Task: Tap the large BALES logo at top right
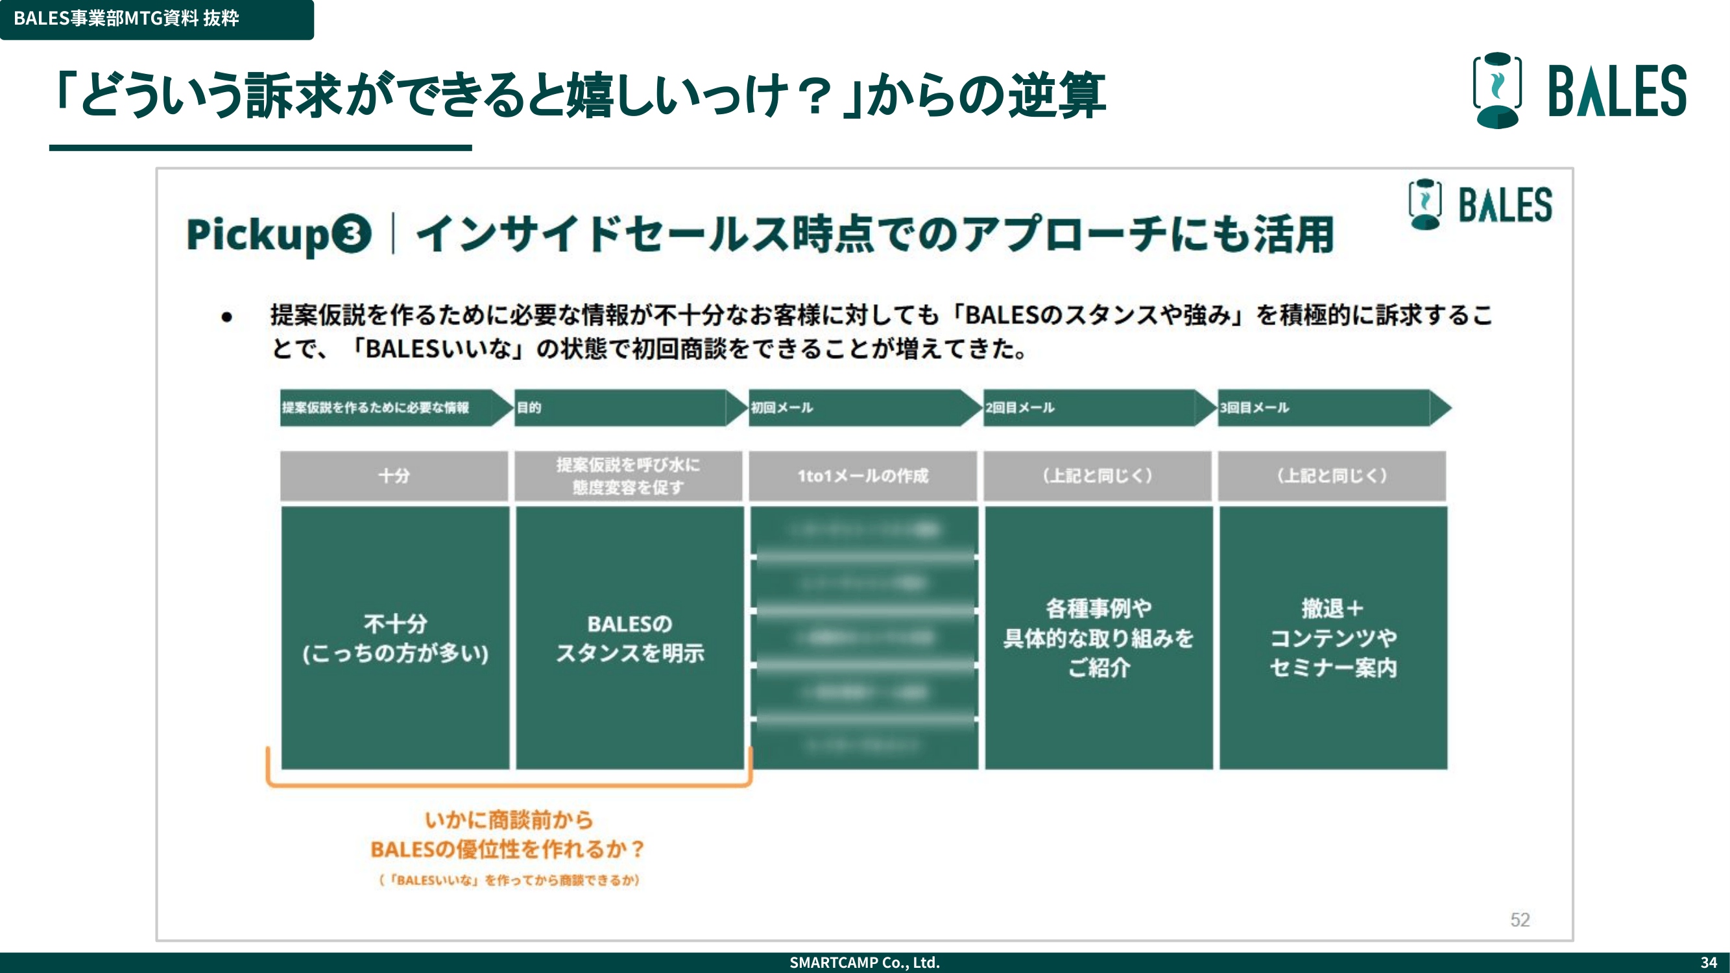tap(1579, 91)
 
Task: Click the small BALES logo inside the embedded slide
tap(1480, 205)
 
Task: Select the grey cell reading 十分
tap(394, 476)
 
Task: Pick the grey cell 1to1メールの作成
tap(862, 476)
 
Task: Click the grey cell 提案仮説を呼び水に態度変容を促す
tap(628, 476)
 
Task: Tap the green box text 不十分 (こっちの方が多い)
tap(395, 638)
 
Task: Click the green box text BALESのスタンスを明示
tap(629, 638)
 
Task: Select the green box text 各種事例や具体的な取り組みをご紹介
tap(1098, 638)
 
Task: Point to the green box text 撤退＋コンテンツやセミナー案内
tap(1332, 638)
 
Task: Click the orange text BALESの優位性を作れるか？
tap(508, 850)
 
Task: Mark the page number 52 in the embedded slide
tap(1520, 920)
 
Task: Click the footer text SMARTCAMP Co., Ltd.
tap(864, 962)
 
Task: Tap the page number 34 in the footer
tap(1709, 962)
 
